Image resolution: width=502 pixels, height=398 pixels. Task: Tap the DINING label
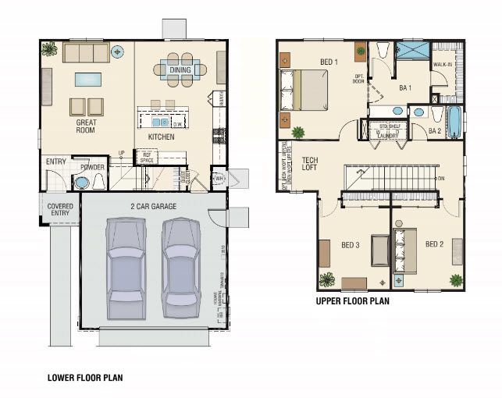pos(180,70)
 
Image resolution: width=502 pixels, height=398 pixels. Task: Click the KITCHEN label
pos(161,137)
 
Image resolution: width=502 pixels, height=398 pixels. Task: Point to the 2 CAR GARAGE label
pos(153,207)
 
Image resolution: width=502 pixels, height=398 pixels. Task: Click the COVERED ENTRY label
pos(60,209)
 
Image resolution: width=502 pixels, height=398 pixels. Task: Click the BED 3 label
pos(351,244)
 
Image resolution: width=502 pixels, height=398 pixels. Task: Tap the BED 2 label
pos(434,244)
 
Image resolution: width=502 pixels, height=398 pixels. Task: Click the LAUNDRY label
pos(389,135)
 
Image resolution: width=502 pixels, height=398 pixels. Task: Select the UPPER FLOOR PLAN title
pos(352,300)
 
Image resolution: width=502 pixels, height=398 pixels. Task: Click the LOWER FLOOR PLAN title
pos(85,377)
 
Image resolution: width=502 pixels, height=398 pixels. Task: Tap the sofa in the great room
pos(86,52)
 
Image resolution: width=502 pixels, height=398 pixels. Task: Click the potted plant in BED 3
pos(326,279)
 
